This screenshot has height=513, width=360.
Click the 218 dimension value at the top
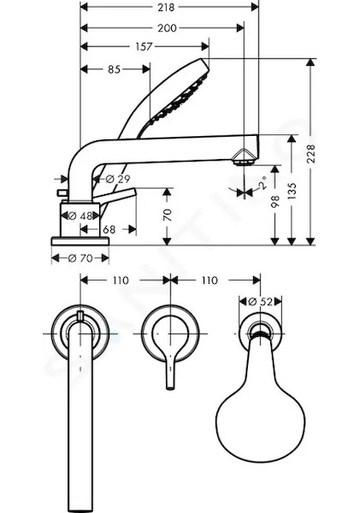point(166,7)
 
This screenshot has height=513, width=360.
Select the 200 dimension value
point(168,28)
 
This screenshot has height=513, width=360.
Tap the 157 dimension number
point(144,47)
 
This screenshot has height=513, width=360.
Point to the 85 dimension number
point(115,69)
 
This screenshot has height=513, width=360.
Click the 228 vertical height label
point(310,154)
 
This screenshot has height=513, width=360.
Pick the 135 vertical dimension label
point(292,192)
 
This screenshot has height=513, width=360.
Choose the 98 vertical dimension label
point(274,202)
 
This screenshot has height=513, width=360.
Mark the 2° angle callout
point(263,183)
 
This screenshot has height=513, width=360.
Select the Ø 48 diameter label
point(80,216)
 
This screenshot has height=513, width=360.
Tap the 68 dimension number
point(109,230)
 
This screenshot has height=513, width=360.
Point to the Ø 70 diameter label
point(80,258)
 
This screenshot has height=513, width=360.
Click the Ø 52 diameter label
point(260,302)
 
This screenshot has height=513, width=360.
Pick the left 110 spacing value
point(121,280)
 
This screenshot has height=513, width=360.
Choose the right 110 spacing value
point(210,280)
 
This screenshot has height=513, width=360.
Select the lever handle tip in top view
point(170,387)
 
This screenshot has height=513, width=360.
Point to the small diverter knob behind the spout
point(62,193)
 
